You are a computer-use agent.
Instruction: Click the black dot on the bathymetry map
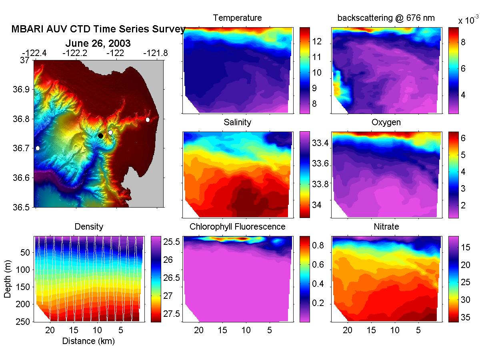point(100,136)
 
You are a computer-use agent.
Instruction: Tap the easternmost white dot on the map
point(148,120)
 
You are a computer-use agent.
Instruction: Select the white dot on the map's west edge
point(38,148)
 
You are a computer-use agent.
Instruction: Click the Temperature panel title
point(238,18)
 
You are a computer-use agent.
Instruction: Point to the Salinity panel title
point(238,122)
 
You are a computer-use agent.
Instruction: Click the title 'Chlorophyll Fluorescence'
point(238,227)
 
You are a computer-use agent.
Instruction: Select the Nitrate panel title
point(386,227)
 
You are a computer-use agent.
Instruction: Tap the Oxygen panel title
point(386,122)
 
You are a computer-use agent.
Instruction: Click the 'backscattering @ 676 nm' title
point(386,18)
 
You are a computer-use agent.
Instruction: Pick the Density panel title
point(89,227)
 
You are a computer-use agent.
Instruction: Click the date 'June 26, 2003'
point(98,43)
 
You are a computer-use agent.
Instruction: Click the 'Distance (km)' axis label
point(88,341)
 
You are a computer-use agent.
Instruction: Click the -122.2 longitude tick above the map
point(75,53)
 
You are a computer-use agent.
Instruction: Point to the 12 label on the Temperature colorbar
point(317,41)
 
